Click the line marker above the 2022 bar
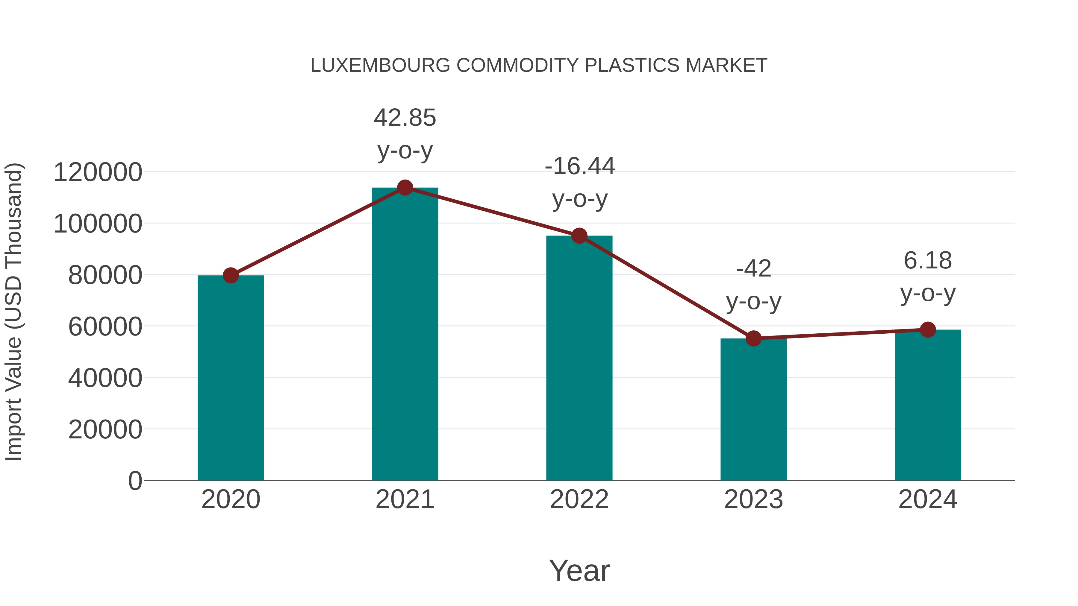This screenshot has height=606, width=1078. point(579,236)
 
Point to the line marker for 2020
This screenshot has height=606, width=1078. point(231,276)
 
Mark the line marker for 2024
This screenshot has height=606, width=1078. point(928,329)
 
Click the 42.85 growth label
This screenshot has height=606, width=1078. point(405,118)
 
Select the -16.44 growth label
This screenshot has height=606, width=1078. point(580,166)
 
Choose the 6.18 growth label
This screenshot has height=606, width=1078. point(928,261)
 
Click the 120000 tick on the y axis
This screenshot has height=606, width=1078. point(98,172)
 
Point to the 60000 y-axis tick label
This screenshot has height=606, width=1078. point(105,326)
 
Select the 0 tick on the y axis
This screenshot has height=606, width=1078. point(135,481)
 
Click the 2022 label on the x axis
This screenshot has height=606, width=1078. point(579,500)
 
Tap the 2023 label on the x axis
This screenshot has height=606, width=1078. point(753,500)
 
